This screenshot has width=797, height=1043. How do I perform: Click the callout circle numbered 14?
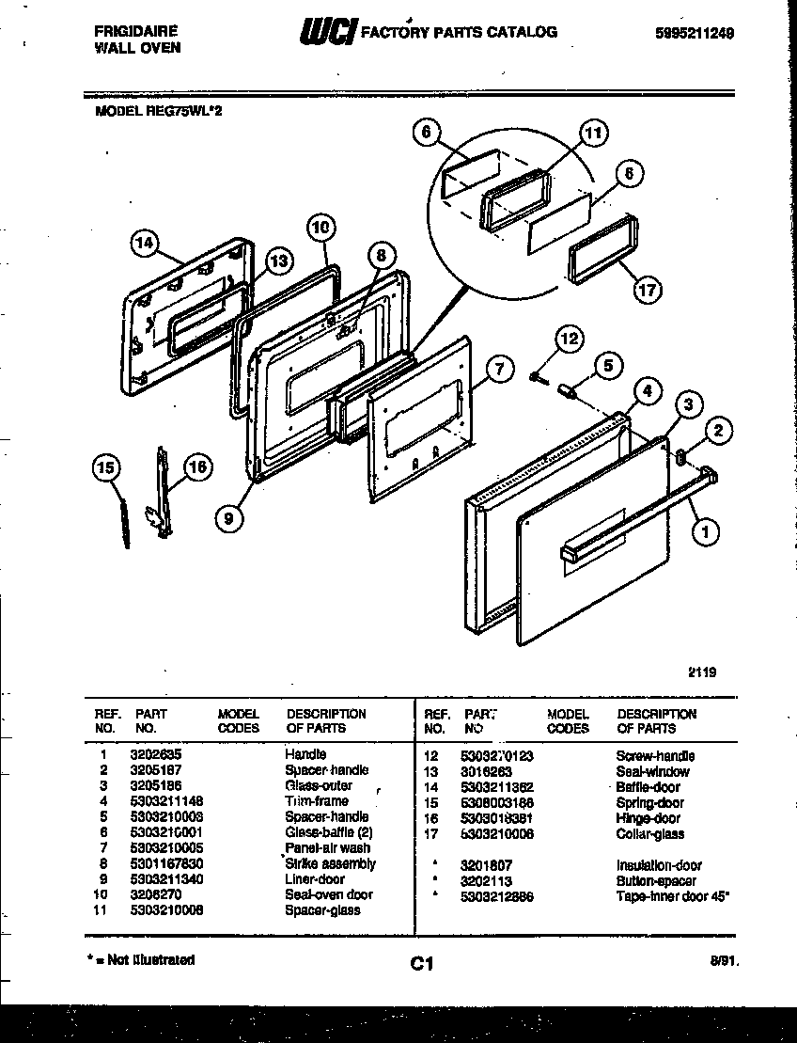[144, 243]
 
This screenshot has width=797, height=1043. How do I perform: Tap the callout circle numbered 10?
[320, 227]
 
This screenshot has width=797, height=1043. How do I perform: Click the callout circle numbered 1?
[705, 532]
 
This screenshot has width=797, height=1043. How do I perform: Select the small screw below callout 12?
[534, 376]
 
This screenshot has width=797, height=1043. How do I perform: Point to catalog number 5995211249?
[695, 32]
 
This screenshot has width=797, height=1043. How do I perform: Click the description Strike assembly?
[331, 863]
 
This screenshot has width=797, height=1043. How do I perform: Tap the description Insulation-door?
[659, 865]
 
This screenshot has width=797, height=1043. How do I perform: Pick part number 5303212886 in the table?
[497, 896]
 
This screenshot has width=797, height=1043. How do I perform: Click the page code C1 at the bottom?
[420, 963]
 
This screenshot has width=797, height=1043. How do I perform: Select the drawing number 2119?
[702, 672]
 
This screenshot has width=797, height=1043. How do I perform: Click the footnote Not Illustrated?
[145, 960]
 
